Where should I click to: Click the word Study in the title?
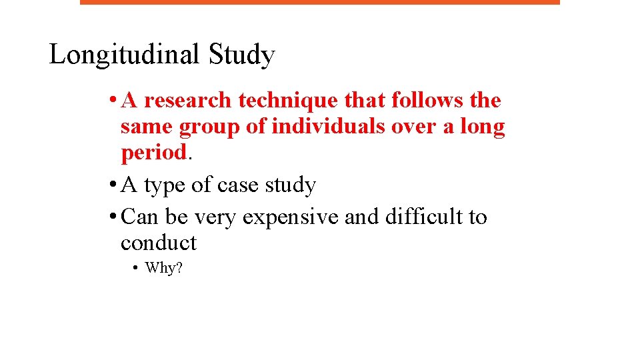pos(241,55)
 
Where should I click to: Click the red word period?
pos(153,153)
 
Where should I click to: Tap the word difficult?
pos(401,217)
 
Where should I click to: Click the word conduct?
pos(159,243)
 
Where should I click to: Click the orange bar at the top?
pos(320,2)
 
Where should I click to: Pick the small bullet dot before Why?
pos(135,269)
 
